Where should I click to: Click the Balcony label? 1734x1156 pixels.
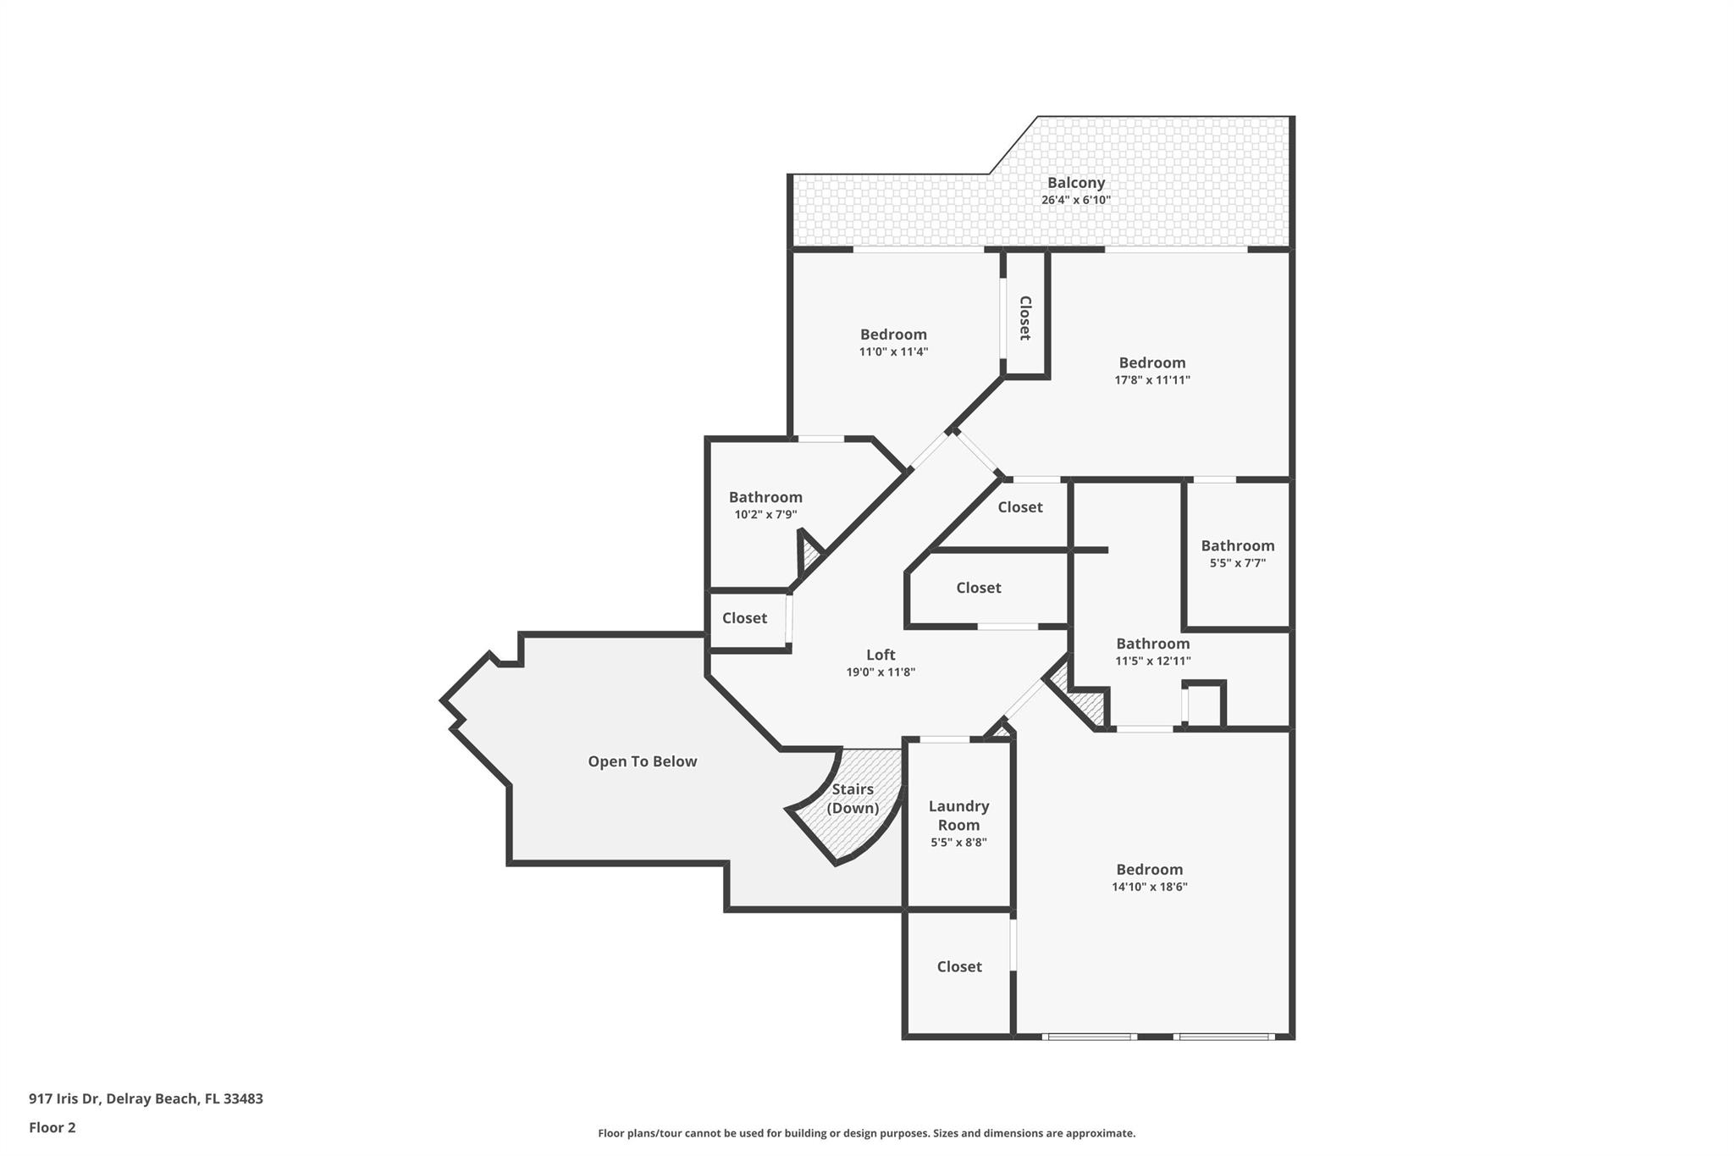[x=1075, y=183]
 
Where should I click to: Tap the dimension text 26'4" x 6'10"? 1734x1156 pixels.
[x=1075, y=201]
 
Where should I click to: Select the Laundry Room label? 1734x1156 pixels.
[x=958, y=816]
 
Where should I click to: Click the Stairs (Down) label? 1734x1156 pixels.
[x=853, y=799]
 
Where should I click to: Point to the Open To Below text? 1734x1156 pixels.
[x=643, y=761]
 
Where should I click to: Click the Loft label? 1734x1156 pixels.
[x=881, y=655]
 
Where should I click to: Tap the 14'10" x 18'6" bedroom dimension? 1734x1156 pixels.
[x=1149, y=887]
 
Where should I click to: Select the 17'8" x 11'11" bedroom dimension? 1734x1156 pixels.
[x=1151, y=380]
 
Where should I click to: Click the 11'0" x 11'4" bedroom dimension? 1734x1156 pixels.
[x=893, y=352]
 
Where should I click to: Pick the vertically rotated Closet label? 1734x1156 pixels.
[x=1024, y=318]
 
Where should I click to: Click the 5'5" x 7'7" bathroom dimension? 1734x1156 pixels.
[x=1237, y=563]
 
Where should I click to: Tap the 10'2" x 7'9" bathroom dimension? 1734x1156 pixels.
[x=765, y=515]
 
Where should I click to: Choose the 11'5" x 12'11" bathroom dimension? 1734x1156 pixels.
[x=1152, y=661]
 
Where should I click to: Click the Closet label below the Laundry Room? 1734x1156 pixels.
[x=959, y=966]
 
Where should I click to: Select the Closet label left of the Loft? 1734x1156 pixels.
[x=744, y=618]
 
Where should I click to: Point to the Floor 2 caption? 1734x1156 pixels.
[x=52, y=1127]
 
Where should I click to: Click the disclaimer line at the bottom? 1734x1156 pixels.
[x=866, y=1133]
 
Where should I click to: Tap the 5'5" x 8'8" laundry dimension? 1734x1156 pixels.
[x=958, y=843]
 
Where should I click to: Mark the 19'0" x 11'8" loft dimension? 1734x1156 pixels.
[x=881, y=672]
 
